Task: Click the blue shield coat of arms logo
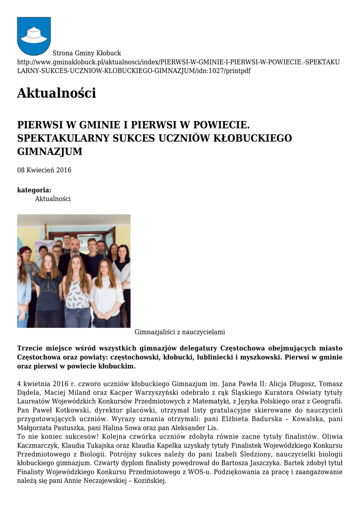pyautogui.click(x=34, y=36)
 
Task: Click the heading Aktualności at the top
pyautogui.click(x=56, y=93)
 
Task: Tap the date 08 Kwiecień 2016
pyautogui.click(x=44, y=170)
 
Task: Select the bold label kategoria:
pyautogui.click(x=34, y=190)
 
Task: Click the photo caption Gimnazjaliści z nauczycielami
pyautogui.click(x=180, y=332)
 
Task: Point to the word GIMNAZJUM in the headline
pyautogui.click(x=50, y=151)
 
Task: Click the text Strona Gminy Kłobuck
pyautogui.click(x=87, y=53)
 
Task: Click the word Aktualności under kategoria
pyautogui.click(x=53, y=199)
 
